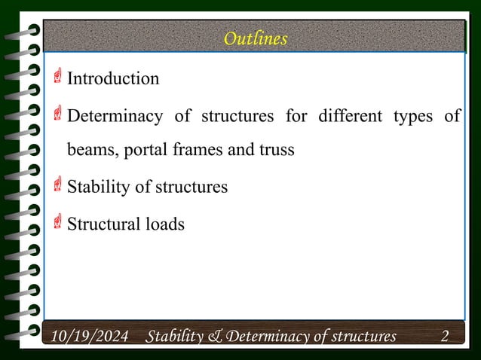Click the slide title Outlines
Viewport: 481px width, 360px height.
(x=256, y=38)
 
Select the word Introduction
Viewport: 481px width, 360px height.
(x=113, y=79)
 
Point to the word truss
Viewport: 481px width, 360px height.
(x=274, y=150)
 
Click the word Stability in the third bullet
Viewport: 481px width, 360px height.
(x=97, y=187)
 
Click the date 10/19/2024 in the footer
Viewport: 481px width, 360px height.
(x=90, y=335)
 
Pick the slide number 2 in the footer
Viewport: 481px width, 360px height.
(x=446, y=335)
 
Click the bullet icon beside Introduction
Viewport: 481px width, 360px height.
(x=57, y=77)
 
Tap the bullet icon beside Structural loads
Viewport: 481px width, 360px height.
(x=57, y=222)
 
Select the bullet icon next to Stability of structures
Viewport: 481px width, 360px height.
(x=57, y=185)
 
